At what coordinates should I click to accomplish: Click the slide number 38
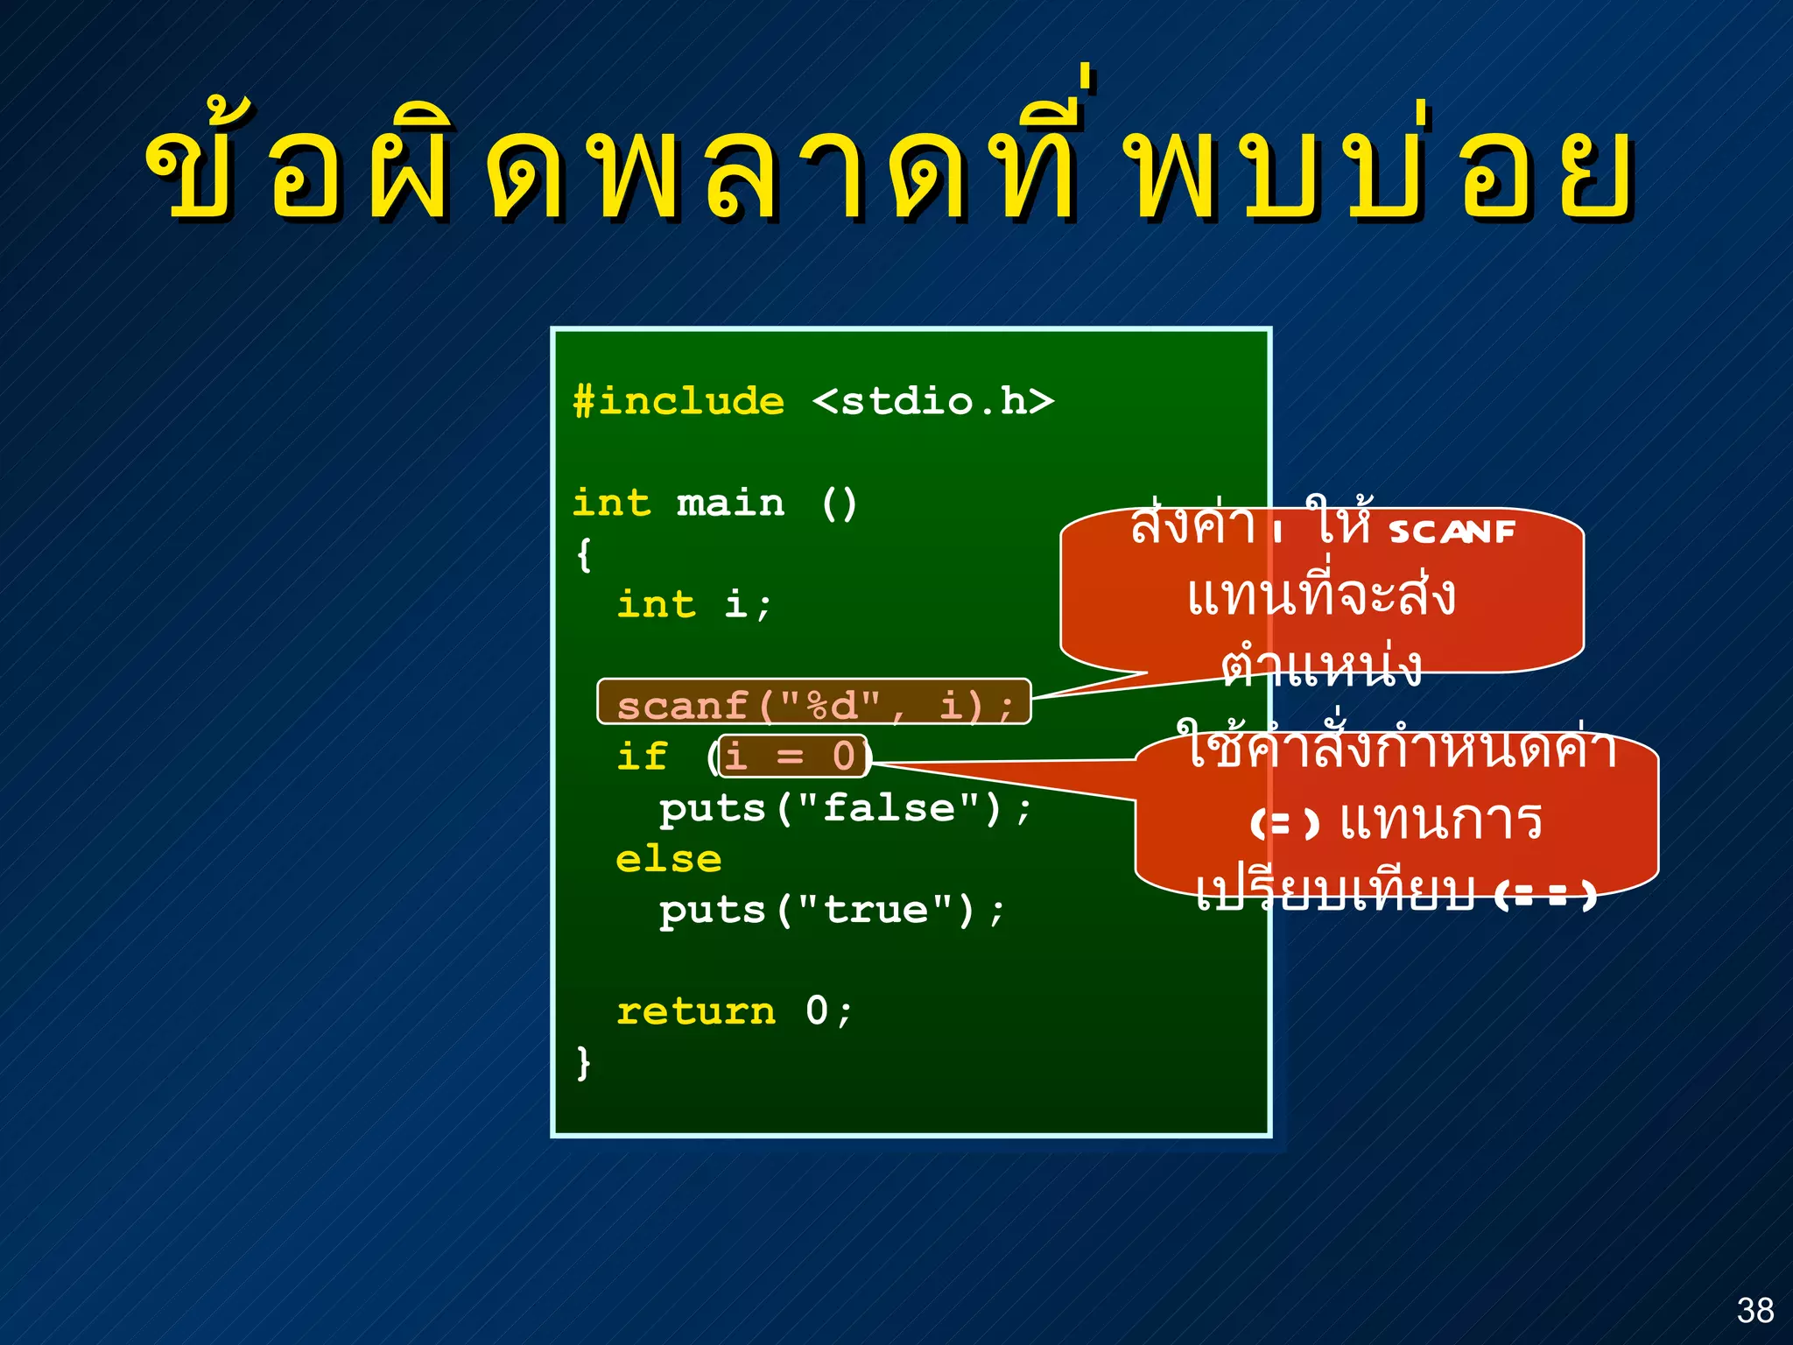tap(1754, 1310)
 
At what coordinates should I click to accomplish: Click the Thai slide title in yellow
tap(888, 166)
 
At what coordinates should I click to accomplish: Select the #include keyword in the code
tap(679, 402)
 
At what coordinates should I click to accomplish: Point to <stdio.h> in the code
tap(933, 402)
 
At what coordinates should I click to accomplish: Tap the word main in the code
tap(730, 503)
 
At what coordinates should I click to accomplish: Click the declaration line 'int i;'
tap(693, 604)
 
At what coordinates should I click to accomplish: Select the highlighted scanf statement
tap(814, 705)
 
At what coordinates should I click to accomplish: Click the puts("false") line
tap(845, 807)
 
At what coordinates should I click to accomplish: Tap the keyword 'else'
tap(668, 859)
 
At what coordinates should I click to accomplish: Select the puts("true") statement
tap(832, 910)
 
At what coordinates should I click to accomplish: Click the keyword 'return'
tap(696, 1011)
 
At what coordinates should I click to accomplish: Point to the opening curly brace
tap(584, 554)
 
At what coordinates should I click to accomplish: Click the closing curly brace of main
tap(584, 1062)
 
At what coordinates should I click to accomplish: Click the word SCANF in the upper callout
tap(1452, 532)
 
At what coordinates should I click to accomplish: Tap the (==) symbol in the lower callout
tap(1546, 895)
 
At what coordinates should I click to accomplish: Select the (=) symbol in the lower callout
tap(1284, 823)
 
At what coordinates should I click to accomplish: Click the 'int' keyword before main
tap(611, 503)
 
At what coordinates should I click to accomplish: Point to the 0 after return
tap(816, 1011)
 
